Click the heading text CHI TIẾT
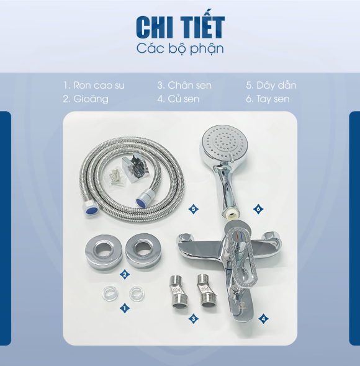(x=180, y=27)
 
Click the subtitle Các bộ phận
(x=180, y=48)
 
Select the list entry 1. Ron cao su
(x=94, y=85)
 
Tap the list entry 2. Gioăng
(x=86, y=99)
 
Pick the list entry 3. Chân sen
(x=184, y=85)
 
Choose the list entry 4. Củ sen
(x=178, y=99)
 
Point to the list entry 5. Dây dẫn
(x=271, y=85)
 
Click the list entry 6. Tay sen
(x=268, y=99)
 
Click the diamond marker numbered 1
(x=125, y=308)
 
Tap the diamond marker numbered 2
(x=125, y=274)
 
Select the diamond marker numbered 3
(x=194, y=318)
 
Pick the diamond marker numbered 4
(x=263, y=319)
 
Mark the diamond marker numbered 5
(x=194, y=209)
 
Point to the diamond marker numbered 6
(x=258, y=209)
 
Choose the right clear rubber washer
(x=137, y=293)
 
